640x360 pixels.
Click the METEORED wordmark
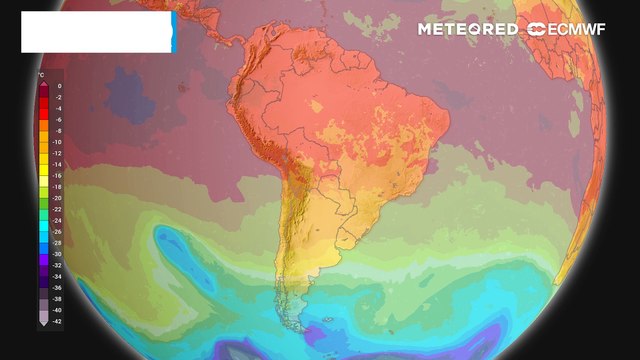click(x=468, y=30)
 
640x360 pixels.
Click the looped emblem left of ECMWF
click(x=537, y=30)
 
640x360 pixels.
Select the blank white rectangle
click(x=96, y=32)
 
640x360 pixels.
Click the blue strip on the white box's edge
click(x=174, y=32)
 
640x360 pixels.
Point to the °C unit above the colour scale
click(x=40, y=74)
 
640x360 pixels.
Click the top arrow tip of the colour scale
click(x=45, y=84)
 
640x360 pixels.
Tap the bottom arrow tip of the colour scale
click(x=45, y=326)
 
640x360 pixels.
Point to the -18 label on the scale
click(x=59, y=187)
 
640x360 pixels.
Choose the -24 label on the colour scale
click(x=59, y=220)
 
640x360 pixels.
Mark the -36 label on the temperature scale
click(x=59, y=287)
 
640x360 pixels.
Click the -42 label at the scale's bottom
click(x=59, y=320)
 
